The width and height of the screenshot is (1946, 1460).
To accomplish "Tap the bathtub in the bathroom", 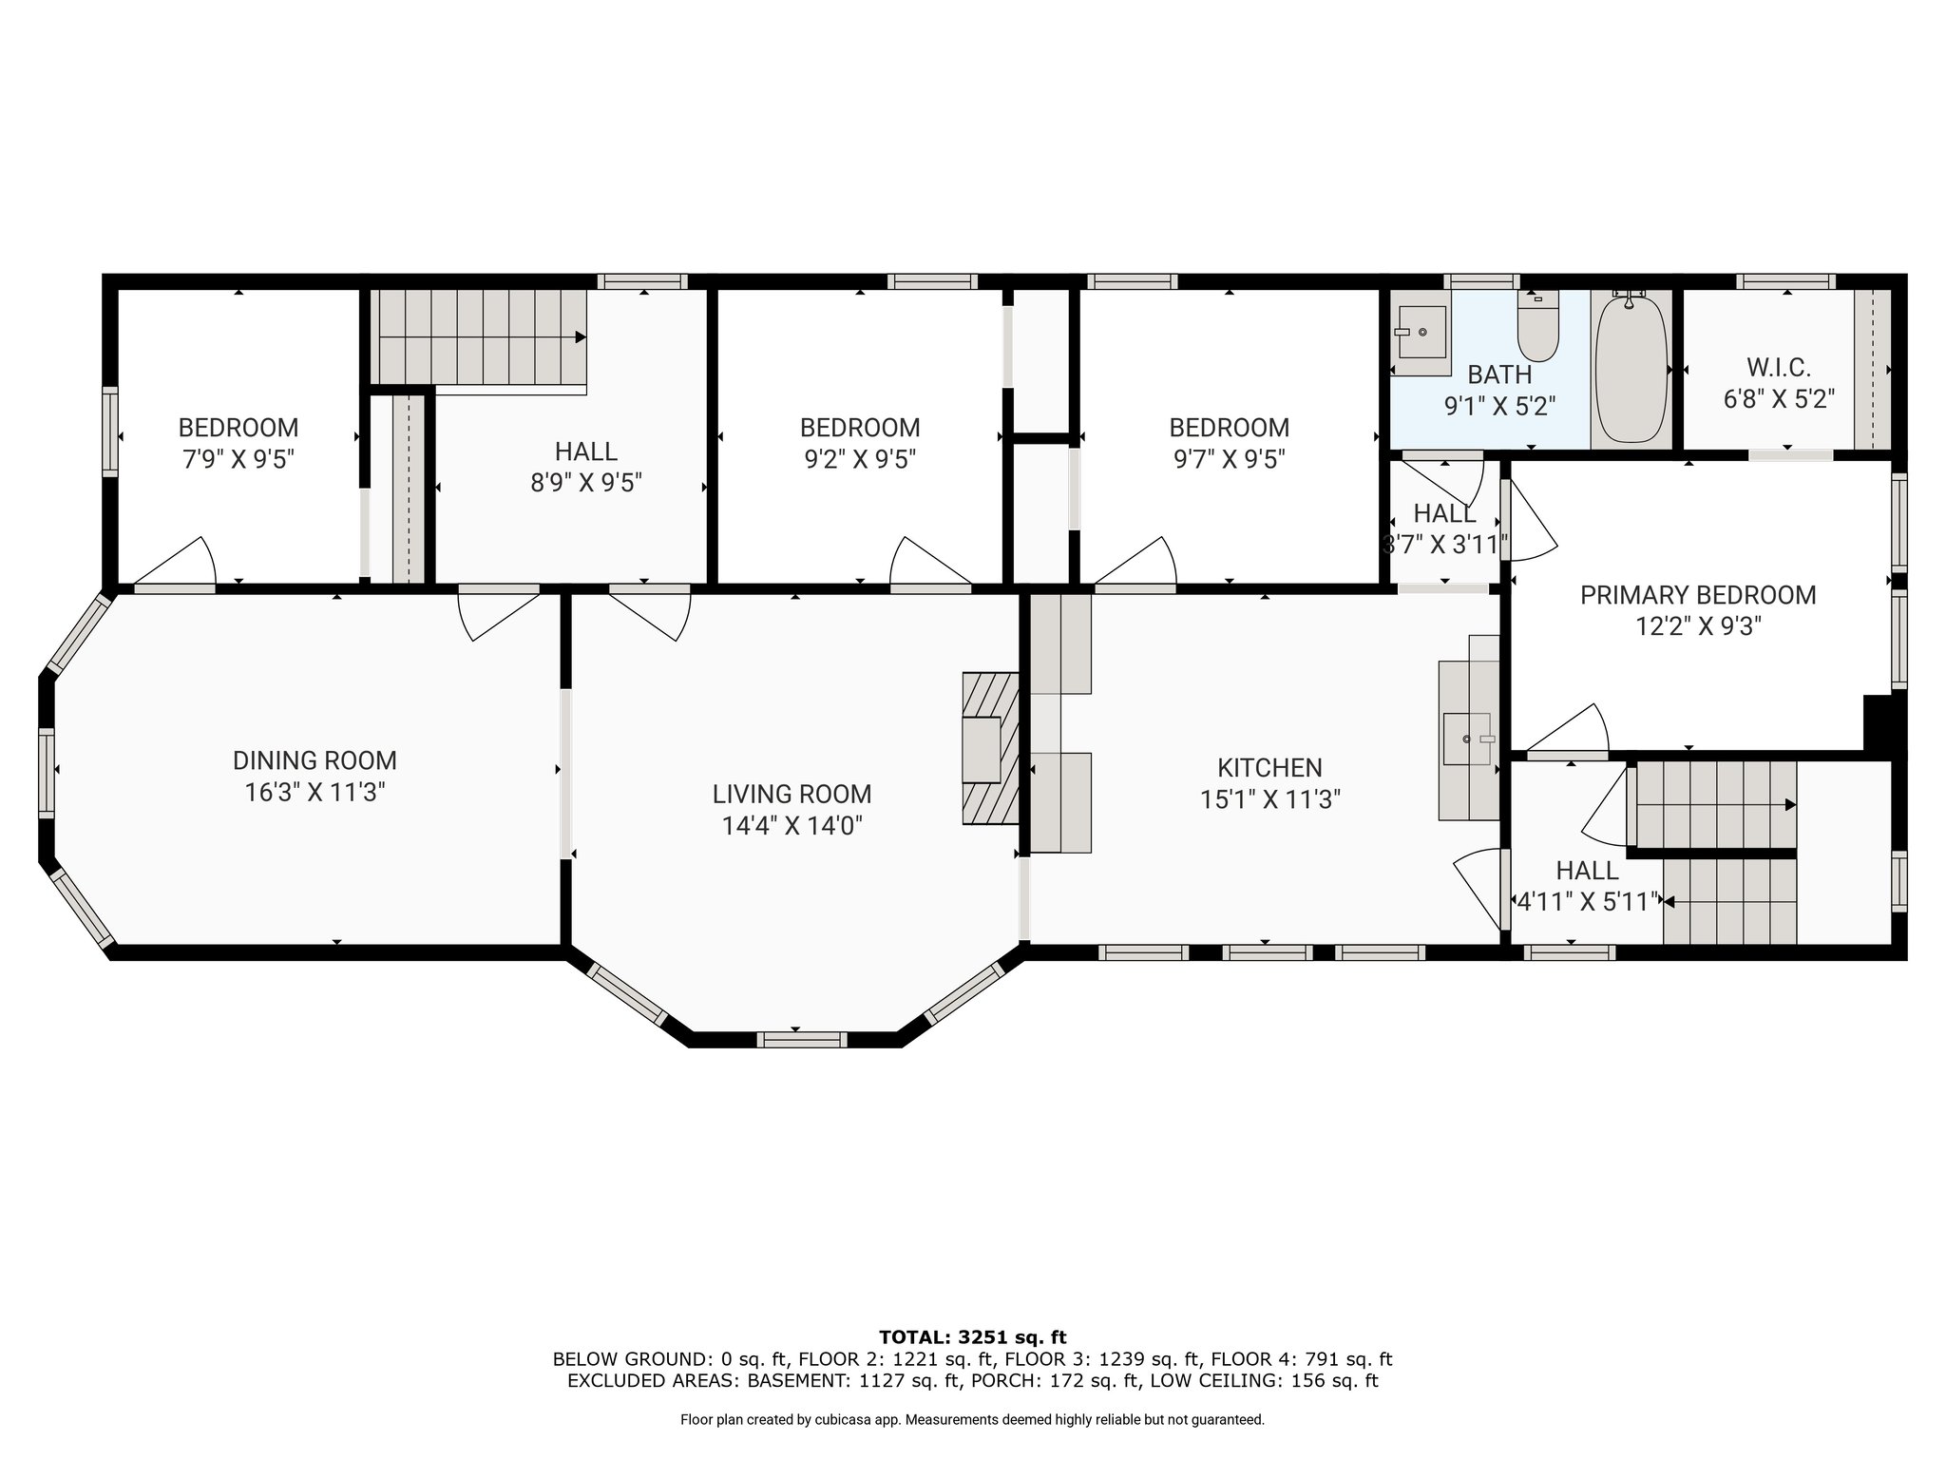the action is (x=1631, y=368).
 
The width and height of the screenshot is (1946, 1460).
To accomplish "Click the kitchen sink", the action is (x=1468, y=738).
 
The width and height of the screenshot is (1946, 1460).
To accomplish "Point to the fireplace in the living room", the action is (x=990, y=748).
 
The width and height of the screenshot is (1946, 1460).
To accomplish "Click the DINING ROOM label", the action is (x=315, y=760).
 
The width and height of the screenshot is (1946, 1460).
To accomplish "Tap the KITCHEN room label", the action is (x=1269, y=767).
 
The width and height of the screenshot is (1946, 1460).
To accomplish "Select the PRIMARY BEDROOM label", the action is (x=1698, y=595).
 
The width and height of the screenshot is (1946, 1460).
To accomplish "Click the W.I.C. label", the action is (x=1779, y=367).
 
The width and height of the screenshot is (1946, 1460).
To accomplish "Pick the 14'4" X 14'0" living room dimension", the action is (x=792, y=825).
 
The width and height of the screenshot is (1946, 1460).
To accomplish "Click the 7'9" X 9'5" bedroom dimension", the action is (x=238, y=459).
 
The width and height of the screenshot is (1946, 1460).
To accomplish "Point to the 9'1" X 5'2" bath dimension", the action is (x=1499, y=406).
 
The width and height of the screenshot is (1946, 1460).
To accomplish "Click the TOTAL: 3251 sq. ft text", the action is (x=973, y=1337).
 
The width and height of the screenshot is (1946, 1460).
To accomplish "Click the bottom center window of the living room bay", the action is (x=801, y=1040).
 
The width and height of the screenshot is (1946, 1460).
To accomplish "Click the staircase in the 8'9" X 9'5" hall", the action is (x=482, y=336).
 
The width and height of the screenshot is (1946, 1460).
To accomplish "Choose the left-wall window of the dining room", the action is (x=47, y=771).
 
